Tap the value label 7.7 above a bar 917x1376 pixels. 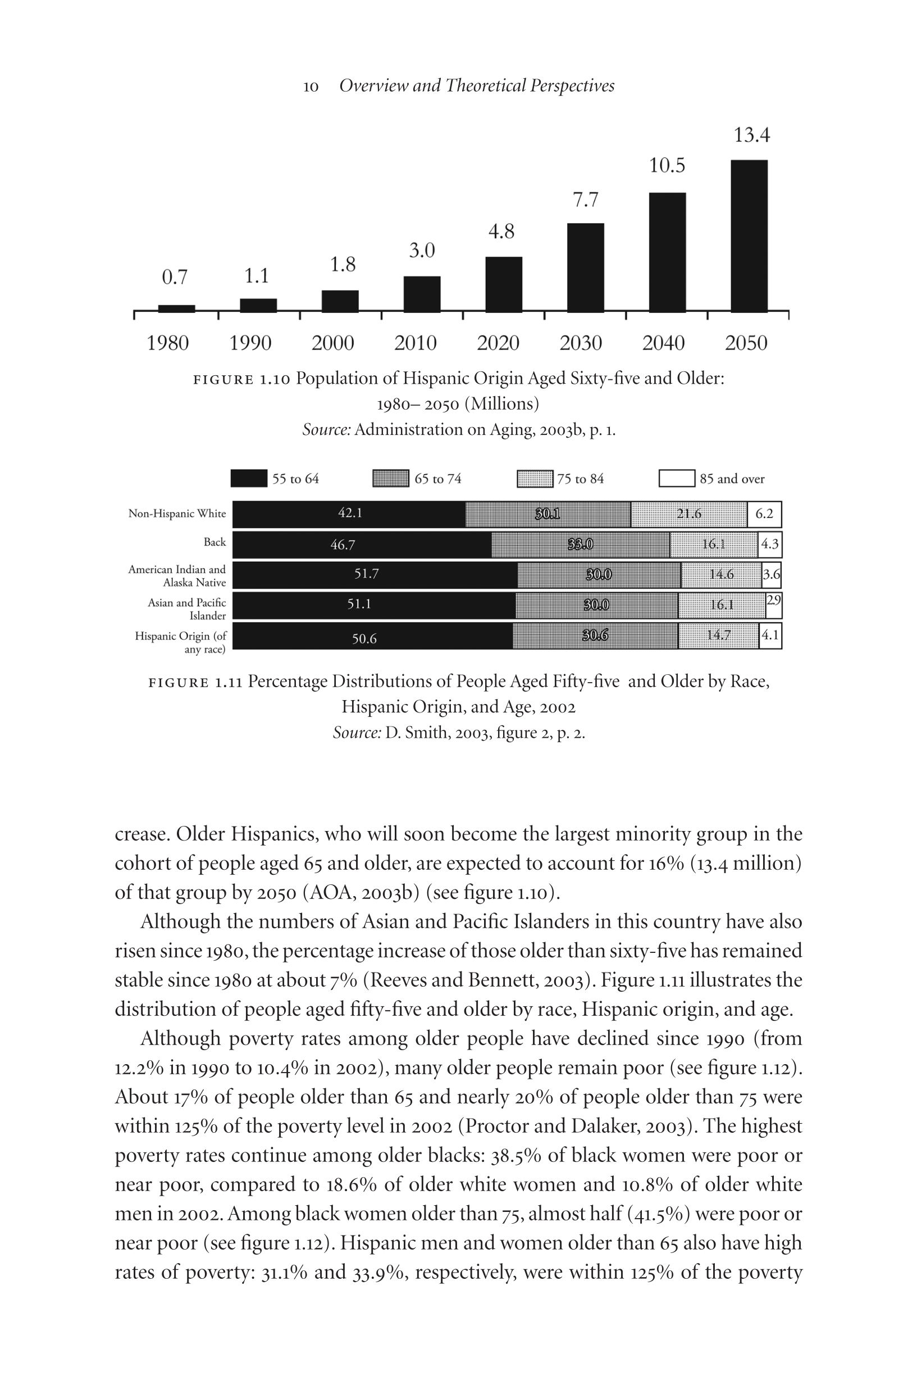coord(585,200)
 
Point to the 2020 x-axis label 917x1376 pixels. coord(498,343)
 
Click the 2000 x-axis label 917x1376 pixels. coord(332,343)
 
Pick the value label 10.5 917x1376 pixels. coord(667,166)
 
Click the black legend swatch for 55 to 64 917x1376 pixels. coord(249,478)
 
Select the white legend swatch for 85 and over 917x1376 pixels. coord(677,478)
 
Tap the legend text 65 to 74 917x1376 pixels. coord(437,479)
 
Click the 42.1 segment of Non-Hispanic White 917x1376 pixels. coord(349,514)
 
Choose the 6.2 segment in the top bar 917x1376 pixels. coord(764,514)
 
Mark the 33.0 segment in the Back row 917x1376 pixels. coord(580,544)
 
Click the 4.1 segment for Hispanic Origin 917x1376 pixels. coord(770,635)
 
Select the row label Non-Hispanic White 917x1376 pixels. coord(177,514)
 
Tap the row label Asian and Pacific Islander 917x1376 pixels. coord(186,609)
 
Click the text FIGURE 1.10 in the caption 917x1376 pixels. coord(241,380)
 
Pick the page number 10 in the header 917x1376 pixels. coord(311,87)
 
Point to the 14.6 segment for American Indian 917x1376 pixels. coord(721,574)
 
